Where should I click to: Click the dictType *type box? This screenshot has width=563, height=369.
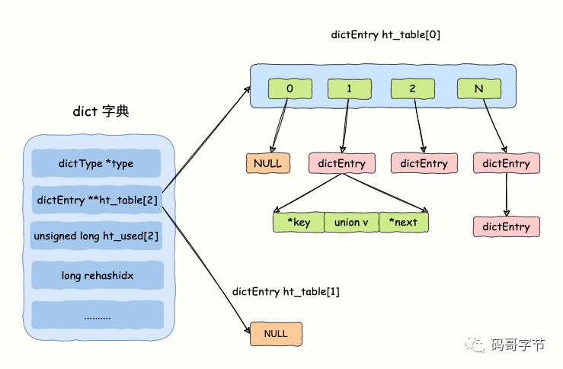[96, 163]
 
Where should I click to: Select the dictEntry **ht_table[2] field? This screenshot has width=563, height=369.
[96, 200]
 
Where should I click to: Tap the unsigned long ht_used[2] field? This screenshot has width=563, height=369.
[96, 236]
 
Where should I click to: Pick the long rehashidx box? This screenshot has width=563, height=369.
[97, 274]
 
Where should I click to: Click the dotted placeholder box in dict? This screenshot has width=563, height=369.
[97, 315]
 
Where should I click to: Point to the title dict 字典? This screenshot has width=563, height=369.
[101, 111]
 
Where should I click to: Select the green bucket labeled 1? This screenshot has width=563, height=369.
[349, 89]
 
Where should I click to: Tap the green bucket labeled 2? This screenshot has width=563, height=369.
[412, 89]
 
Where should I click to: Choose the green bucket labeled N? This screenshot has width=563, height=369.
[479, 89]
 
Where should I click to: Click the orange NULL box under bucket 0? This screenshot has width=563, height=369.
[267, 163]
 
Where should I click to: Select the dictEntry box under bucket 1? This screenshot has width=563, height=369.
[342, 163]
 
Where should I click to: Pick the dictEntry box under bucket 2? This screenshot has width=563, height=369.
[424, 163]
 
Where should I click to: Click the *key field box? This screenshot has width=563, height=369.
[298, 222]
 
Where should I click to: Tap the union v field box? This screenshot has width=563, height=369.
[350, 222]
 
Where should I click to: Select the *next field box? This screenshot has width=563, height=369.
[403, 222]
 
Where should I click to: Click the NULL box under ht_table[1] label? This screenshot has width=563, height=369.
[276, 334]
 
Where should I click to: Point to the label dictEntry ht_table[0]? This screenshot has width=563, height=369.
[385, 35]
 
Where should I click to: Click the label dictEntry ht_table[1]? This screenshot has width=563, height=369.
[286, 291]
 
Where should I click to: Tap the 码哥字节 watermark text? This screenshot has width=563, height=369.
[518, 345]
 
